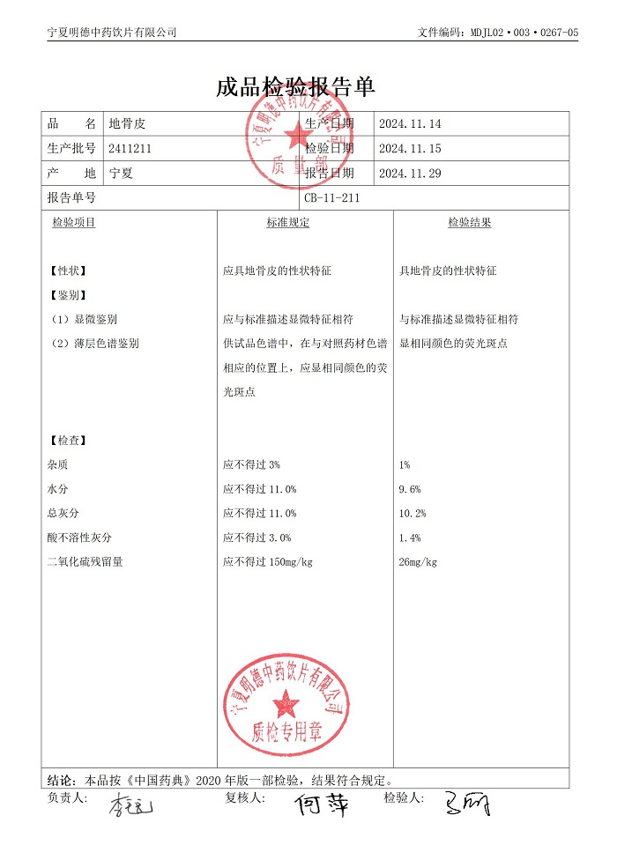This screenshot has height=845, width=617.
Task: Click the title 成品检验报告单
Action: pos(295,87)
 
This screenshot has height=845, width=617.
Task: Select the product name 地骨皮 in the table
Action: pos(123,124)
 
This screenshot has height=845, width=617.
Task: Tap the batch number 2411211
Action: pos(130,149)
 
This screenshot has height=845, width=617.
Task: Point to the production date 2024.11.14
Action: pos(409,124)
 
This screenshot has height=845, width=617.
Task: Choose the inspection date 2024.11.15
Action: pos(409,149)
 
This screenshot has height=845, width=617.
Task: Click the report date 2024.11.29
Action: pos(409,174)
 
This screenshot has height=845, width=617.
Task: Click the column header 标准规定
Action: pos(288,223)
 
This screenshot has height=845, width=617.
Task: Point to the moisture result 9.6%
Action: pos(410,489)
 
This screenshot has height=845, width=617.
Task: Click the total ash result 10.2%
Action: pos(413,514)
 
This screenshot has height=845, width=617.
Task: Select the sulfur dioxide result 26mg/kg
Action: pos(418,562)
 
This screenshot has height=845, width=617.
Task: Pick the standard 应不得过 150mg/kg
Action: pos(269,562)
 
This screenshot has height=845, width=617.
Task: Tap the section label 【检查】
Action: pos(67,440)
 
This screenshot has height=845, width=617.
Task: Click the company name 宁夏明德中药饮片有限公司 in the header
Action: pos(112,33)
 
